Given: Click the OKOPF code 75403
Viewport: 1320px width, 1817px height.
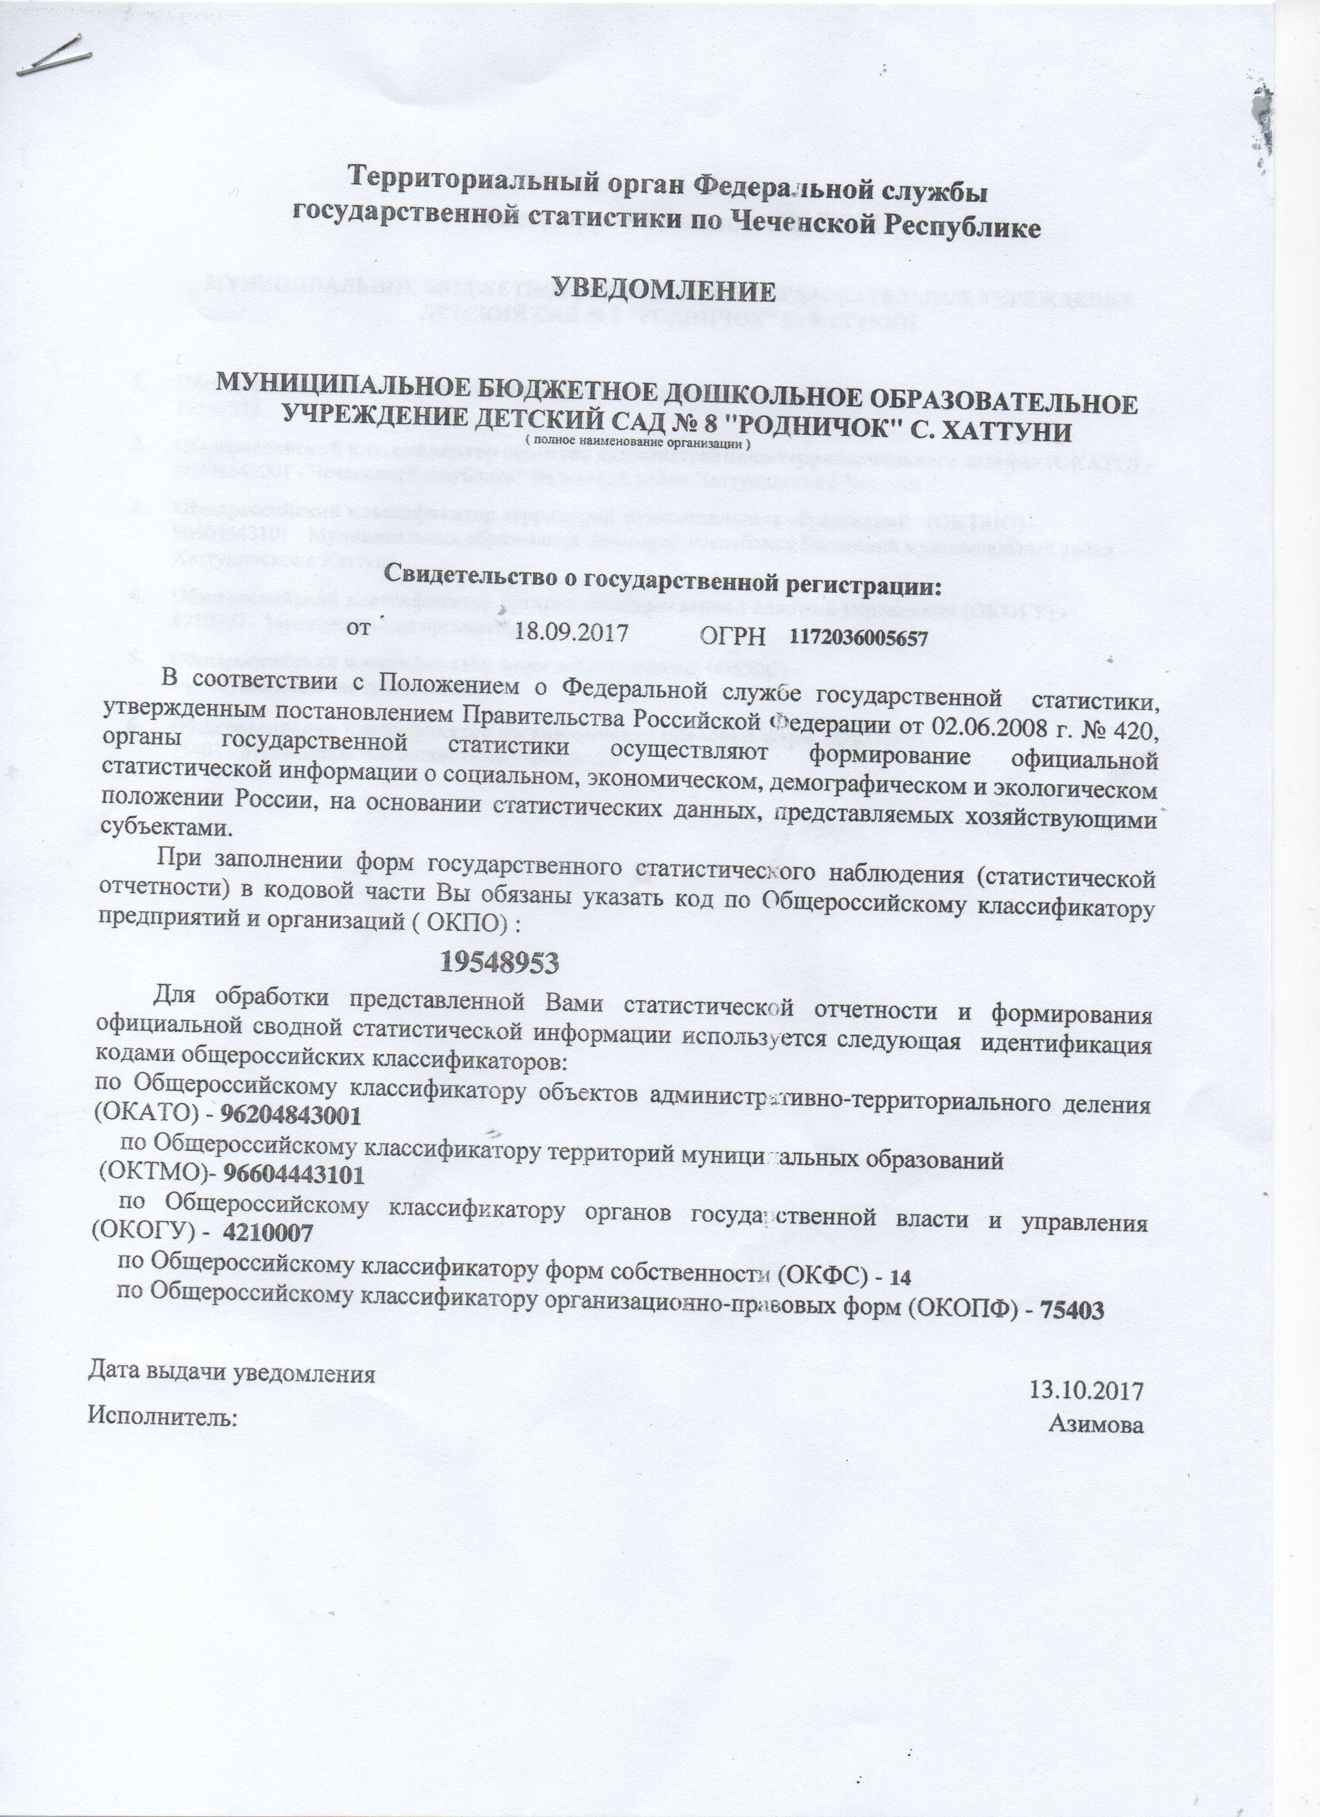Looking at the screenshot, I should coord(1072,1311).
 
